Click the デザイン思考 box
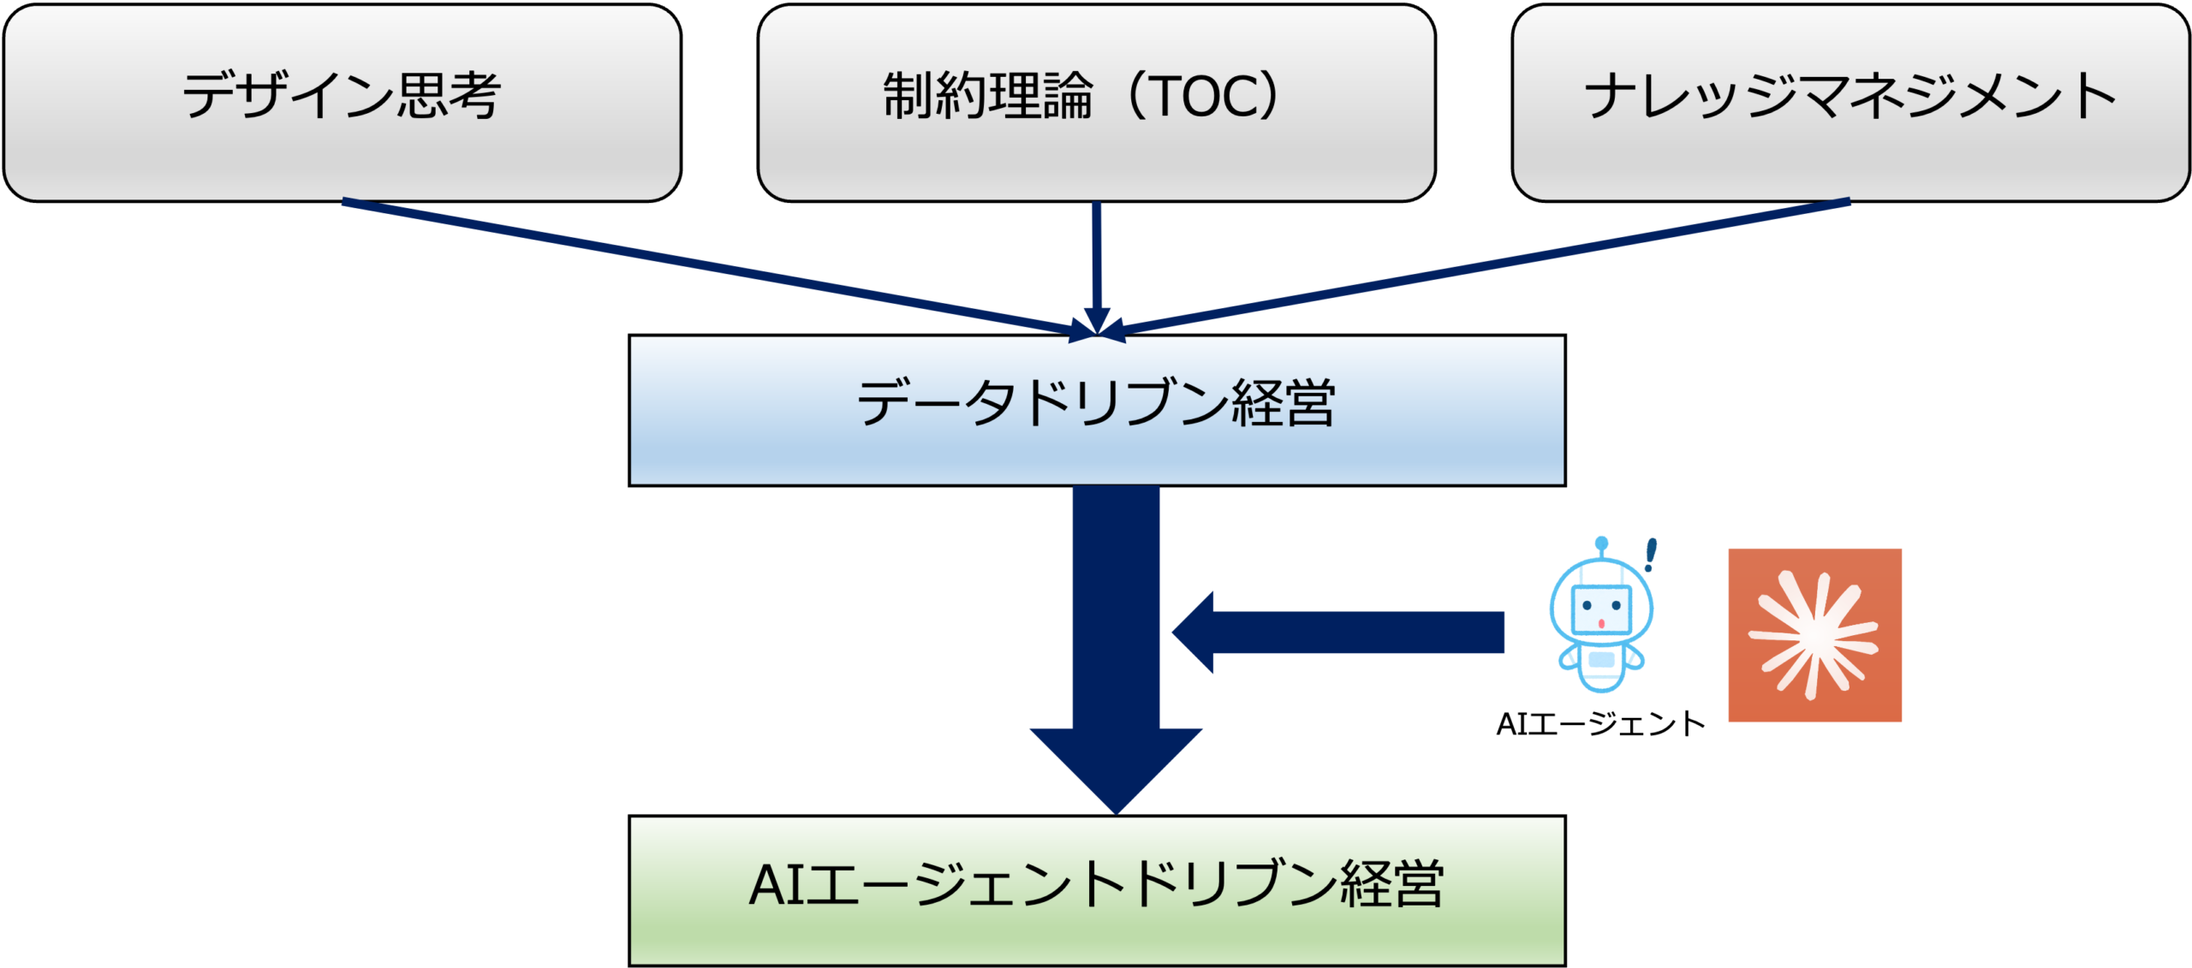pyautogui.click(x=342, y=103)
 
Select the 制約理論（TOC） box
pyautogui.click(x=1096, y=103)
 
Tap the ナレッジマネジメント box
pyautogui.click(x=1850, y=103)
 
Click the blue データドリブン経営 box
pyautogui.click(x=1097, y=410)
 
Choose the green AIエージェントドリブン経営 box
pyautogui.click(x=1097, y=890)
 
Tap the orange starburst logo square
pyautogui.click(x=1814, y=635)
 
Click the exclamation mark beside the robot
pyautogui.click(x=1651, y=555)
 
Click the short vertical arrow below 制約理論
pyautogui.click(x=1096, y=265)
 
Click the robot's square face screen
pyautogui.click(x=1601, y=609)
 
